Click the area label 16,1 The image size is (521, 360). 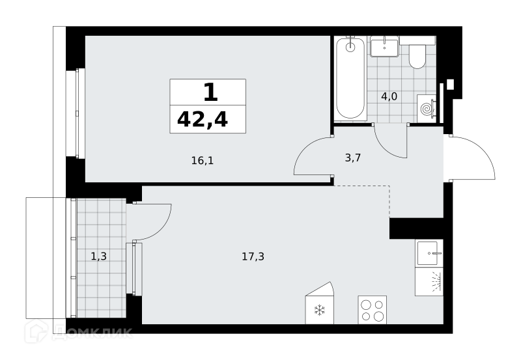pos(203,161)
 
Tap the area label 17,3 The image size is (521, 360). pos(253,256)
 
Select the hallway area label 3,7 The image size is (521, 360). pos(353,158)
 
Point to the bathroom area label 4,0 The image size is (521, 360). pos(389,96)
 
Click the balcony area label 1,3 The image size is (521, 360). pos(99,256)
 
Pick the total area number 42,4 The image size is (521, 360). pos(203,120)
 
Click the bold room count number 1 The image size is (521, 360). pos(210,92)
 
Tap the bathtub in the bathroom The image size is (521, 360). pos(350,78)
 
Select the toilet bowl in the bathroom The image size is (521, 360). pos(417,57)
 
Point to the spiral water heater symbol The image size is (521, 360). pos(427,109)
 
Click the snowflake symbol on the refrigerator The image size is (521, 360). pos(319,310)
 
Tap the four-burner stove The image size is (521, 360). pos(372,309)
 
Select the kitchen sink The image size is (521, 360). pos(429,253)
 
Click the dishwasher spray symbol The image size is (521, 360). pos(436,281)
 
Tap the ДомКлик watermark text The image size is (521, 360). pos(92,331)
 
